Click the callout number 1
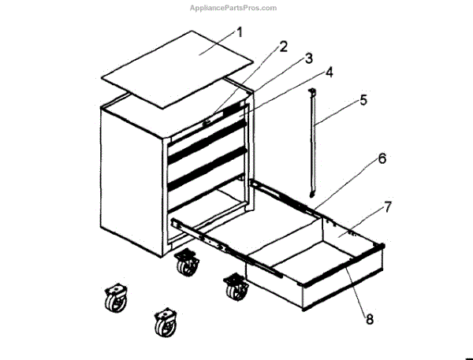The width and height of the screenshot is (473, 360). coord(240,32)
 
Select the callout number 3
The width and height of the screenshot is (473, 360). coord(308,59)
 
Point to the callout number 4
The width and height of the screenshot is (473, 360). coord(329,72)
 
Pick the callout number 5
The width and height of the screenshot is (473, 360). coord(363,100)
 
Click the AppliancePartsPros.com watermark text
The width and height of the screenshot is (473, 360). coord(233,8)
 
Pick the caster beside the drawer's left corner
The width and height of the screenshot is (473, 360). coord(235,288)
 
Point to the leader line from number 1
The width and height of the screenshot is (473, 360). coord(217,43)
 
